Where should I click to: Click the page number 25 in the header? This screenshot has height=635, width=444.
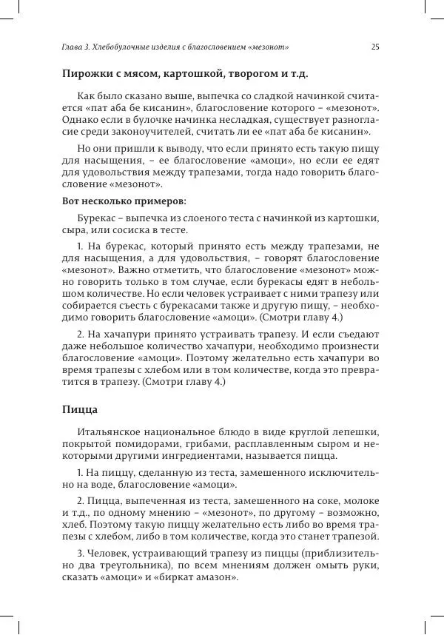tap(375, 47)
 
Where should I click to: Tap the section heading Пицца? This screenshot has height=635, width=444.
tap(80, 408)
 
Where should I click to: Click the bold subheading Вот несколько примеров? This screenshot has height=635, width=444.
tap(124, 201)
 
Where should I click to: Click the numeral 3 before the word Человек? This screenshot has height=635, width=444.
tap(80, 552)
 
